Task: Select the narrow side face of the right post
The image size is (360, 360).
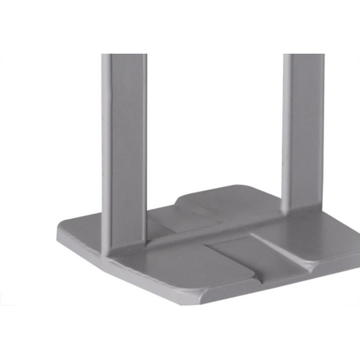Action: click(287, 131)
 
